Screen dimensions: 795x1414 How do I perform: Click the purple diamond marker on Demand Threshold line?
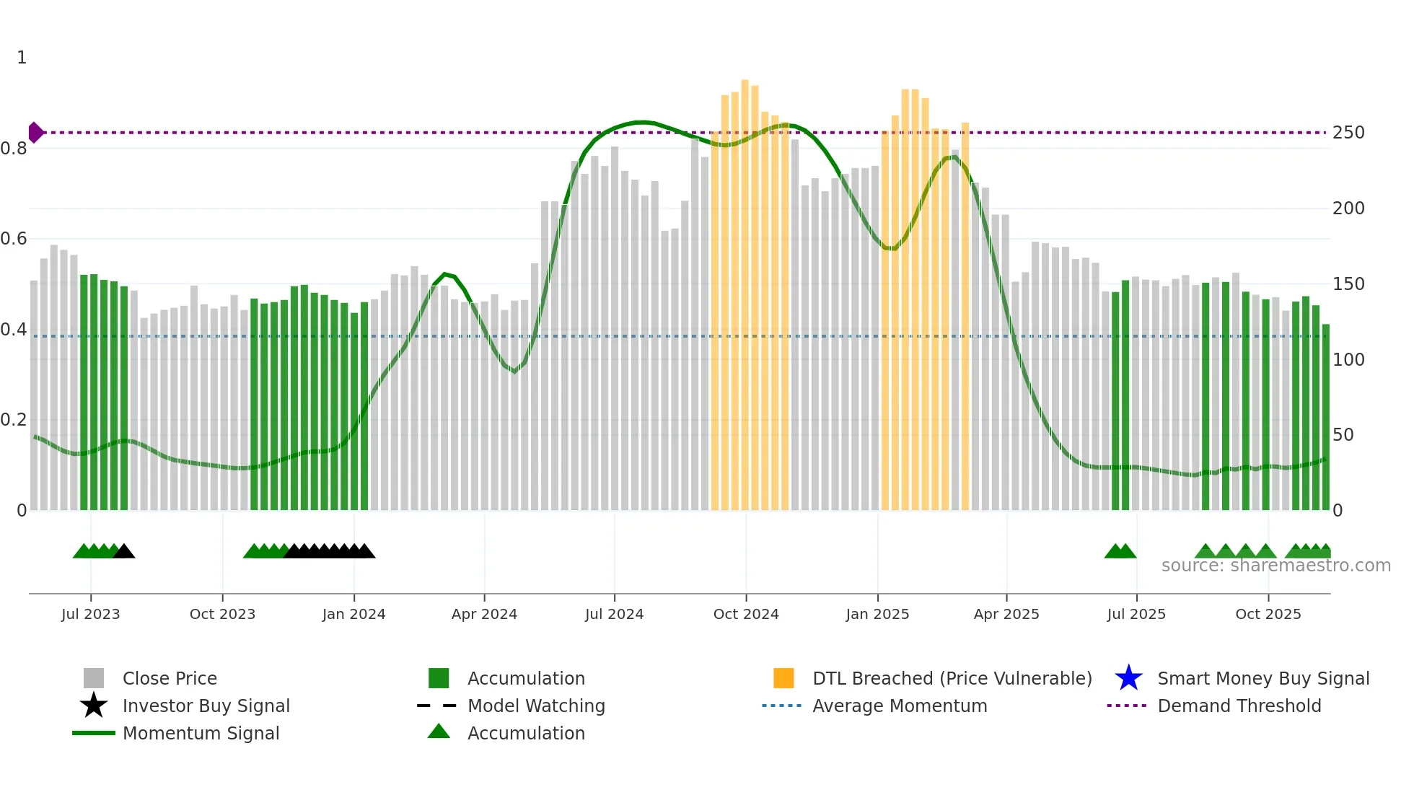(x=35, y=133)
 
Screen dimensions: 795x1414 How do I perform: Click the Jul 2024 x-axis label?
(x=614, y=614)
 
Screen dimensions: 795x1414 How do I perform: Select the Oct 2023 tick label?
(x=222, y=614)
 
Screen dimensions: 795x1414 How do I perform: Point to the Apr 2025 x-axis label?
(x=1006, y=614)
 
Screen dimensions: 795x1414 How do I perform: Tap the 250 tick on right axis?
(x=1348, y=133)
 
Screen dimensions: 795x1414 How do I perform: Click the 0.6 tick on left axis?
(x=14, y=239)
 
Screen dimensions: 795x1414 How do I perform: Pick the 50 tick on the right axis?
(x=1343, y=435)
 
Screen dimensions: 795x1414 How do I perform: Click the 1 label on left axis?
(x=22, y=58)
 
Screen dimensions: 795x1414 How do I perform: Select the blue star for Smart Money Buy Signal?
(x=1128, y=678)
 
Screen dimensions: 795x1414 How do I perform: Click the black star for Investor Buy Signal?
(x=94, y=706)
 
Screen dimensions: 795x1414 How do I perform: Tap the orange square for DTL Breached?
(x=783, y=678)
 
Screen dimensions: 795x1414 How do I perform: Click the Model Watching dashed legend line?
(x=437, y=706)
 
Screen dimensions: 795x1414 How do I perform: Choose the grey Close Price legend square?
(x=94, y=678)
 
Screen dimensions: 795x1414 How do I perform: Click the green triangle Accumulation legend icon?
(x=439, y=732)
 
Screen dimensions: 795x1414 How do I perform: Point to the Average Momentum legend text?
(x=900, y=706)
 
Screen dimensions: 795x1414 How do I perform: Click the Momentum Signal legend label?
(x=201, y=733)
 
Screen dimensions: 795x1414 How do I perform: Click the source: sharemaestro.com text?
(x=1275, y=566)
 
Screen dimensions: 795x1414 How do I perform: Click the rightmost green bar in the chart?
(x=1325, y=418)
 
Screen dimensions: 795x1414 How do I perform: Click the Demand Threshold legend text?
(x=1239, y=706)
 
